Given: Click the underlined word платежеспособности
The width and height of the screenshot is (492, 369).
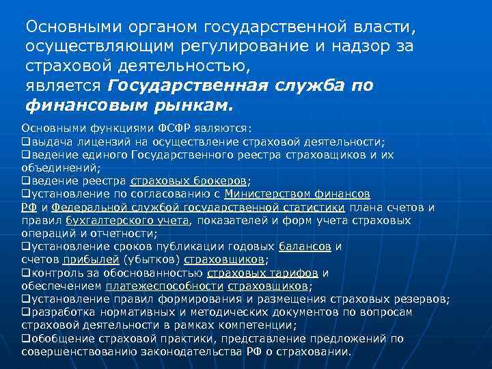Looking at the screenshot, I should (x=164, y=286).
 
